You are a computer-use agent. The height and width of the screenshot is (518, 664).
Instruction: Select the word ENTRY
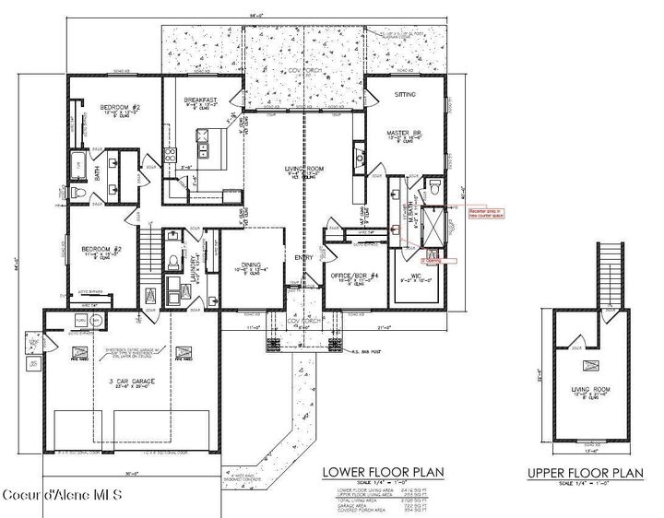(304, 258)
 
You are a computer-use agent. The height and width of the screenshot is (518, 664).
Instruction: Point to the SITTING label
(406, 95)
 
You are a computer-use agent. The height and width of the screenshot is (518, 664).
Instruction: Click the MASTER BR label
(403, 134)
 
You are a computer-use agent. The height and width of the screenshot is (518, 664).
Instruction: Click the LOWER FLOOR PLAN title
(382, 473)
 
